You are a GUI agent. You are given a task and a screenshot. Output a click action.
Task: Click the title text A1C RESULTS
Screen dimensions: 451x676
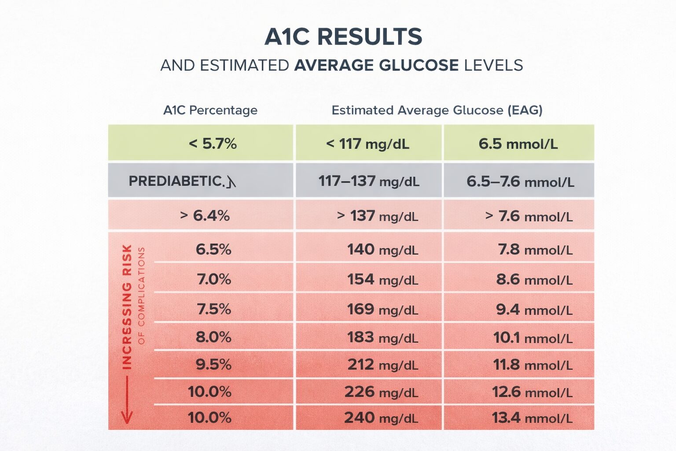tap(343, 37)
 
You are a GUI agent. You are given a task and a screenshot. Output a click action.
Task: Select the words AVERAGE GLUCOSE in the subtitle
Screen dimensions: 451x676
tap(376, 66)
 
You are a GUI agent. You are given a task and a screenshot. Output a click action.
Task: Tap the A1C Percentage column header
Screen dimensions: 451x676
tap(210, 110)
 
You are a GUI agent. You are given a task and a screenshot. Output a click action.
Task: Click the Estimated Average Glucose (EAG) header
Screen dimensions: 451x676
tap(437, 110)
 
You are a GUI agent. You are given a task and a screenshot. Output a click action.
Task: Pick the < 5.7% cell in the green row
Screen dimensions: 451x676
tap(213, 144)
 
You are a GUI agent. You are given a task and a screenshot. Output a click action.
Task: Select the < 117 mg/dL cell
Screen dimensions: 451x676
tap(367, 144)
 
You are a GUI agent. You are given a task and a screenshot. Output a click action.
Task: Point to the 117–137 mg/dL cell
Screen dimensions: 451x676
tap(368, 181)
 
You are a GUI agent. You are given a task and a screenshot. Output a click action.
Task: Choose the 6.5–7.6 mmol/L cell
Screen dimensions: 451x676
tap(520, 181)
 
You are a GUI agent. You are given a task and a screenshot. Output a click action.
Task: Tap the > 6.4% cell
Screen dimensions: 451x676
tap(205, 216)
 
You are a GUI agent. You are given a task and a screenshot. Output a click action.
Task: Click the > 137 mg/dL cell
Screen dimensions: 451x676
tap(377, 216)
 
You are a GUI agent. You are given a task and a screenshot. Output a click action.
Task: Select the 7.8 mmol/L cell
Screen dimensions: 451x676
tap(535, 250)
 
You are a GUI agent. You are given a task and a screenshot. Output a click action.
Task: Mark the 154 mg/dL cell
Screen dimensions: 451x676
tap(382, 280)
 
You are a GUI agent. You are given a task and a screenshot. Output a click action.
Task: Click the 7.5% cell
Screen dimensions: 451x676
tap(214, 309)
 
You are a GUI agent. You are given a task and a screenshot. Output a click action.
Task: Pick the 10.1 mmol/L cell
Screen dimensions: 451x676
tap(533, 338)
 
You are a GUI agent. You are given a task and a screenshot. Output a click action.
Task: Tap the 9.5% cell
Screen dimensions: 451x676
tap(213, 365)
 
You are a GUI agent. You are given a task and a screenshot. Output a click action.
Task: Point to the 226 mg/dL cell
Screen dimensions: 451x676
tap(381, 392)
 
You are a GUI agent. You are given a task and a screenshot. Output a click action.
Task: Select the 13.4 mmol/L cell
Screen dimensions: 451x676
tap(532, 418)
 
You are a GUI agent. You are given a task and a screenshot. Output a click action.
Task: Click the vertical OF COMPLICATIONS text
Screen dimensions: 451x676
tap(141, 296)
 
